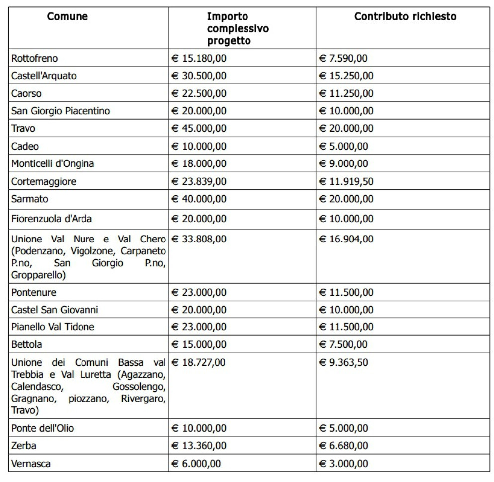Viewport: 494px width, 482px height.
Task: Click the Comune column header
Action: click(68, 17)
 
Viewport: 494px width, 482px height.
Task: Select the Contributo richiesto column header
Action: click(405, 17)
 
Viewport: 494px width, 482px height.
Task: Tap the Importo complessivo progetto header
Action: click(238, 29)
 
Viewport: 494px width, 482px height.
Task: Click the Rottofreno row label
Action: click(35, 59)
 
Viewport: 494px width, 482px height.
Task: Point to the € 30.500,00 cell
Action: click(199, 76)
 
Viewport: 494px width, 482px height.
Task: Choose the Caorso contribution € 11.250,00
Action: click(346, 93)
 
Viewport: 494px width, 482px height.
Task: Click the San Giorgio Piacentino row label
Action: click(61, 111)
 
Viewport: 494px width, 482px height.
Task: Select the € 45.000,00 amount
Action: click(199, 128)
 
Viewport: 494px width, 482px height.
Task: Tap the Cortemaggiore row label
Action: click(44, 182)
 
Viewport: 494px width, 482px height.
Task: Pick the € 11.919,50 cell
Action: click(346, 182)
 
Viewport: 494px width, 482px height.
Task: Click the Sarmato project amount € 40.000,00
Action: click(199, 199)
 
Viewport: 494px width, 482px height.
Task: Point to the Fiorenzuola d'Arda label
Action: click(52, 219)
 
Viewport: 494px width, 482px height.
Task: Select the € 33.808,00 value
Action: click(199, 239)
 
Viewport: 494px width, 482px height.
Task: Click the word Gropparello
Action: click(38, 275)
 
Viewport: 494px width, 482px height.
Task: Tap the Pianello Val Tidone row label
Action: click(53, 327)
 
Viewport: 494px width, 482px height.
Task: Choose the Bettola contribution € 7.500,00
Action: click(343, 344)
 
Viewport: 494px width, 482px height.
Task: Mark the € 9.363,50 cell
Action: click(343, 362)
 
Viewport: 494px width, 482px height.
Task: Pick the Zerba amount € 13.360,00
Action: click(199, 446)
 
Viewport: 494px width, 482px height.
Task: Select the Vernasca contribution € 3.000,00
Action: click(343, 464)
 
